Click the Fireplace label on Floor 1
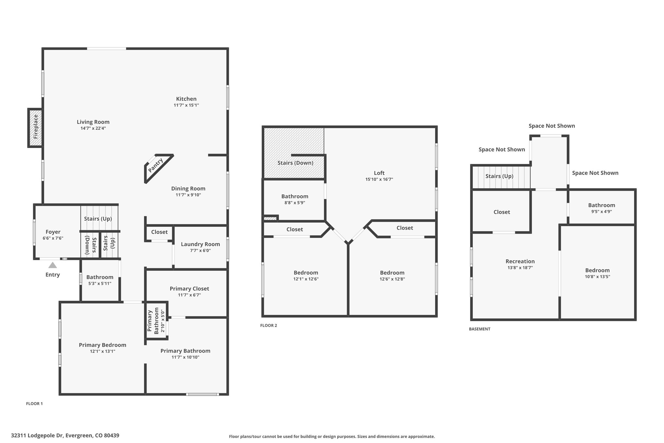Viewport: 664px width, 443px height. point(36,127)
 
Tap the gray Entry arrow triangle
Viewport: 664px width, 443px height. point(53,265)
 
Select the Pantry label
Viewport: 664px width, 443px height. point(156,165)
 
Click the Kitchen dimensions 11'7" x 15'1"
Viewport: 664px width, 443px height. point(186,105)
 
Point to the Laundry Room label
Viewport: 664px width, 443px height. point(200,244)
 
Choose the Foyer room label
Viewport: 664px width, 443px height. point(53,232)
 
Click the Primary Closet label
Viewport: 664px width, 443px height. point(189,289)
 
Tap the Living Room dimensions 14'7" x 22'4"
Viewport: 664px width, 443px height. point(93,128)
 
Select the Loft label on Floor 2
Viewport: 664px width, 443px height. point(379,173)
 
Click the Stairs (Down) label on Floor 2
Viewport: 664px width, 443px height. point(295,163)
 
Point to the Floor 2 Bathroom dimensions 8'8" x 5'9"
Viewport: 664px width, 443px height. point(295,203)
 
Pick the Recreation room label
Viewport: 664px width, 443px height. point(520,261)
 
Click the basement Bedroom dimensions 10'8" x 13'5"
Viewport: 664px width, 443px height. point(598,277)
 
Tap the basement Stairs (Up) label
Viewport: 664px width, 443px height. point(499,176)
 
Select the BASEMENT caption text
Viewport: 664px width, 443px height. point(480,329)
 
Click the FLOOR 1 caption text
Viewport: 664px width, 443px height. point(34,404)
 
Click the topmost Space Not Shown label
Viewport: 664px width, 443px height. point(552,126)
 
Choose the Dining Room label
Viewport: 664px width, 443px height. point(188,189)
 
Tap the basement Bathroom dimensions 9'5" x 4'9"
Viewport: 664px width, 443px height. point(602,212)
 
